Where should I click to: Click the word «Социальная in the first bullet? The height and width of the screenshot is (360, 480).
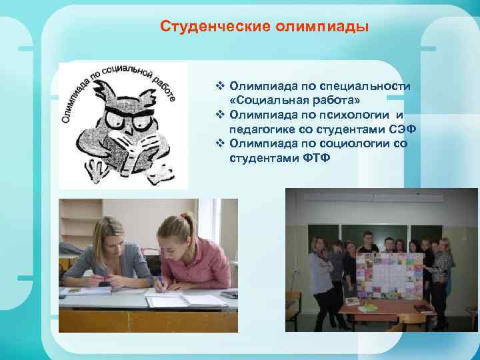point(263,101)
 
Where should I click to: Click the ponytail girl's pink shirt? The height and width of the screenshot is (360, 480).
point(189,263)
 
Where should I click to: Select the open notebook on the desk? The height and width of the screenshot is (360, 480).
point(177,300)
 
